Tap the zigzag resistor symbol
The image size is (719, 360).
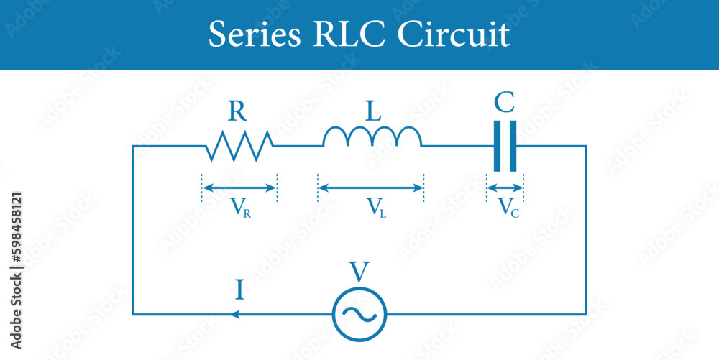click(x=239, y=146)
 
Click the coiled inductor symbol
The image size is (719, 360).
click(x=372, y=137)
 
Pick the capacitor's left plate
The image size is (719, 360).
click(x=498, y=146)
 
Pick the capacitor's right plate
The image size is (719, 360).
click(x=513, y=146)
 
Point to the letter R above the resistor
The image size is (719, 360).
click(x=239, y=111)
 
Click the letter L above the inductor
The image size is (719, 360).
click(x=372, y=111)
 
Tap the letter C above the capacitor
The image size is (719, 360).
click(x=505, y=103)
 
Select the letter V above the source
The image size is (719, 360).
click(x=359, y=272)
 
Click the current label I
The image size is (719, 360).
click(x=239, y=290)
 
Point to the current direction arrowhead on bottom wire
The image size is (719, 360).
click(x=234, y=314)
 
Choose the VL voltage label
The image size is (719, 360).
click(x=377, y=208)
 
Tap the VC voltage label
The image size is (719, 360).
click(x=508, y=208)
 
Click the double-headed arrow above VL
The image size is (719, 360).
click(x=370, y=188)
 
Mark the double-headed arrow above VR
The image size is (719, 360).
click(x=239, y=188)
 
